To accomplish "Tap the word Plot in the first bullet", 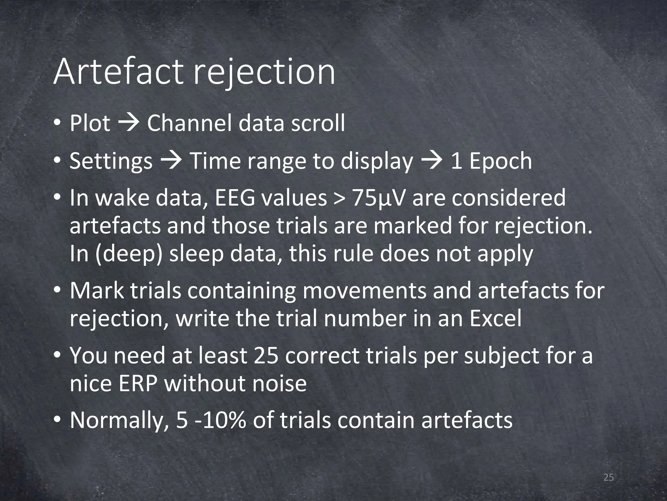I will pos(90,124).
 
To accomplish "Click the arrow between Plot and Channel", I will pos(129,123).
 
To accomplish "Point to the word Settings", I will pos(111,161).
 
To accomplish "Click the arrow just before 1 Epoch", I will pos(432,160).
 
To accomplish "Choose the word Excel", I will pos(495,318).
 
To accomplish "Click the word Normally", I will pos(119,421).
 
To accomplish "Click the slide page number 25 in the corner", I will pos(608,478).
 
